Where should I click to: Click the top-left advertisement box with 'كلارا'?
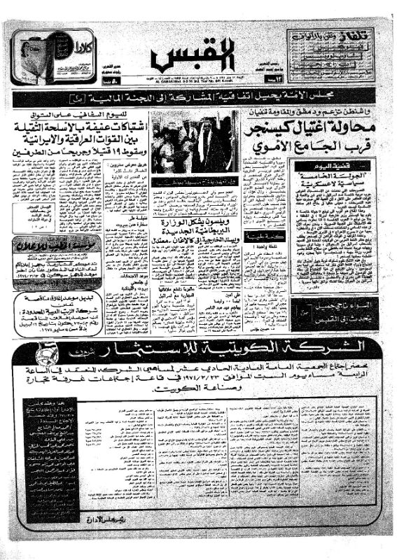point(51,57)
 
